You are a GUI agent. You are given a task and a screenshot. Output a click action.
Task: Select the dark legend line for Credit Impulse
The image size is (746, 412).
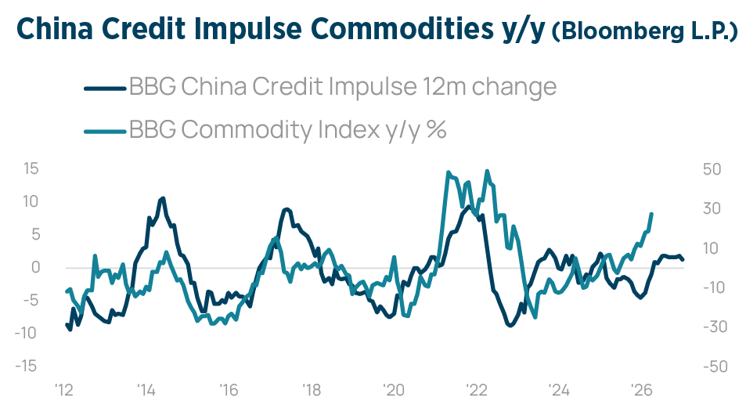click(104, 87)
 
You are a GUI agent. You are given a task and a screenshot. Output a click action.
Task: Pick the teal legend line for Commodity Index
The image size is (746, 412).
click(104, 130)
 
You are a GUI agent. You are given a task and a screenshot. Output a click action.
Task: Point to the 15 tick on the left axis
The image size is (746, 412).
click(30, 169)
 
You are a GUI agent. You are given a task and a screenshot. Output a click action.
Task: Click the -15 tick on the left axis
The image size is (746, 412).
click(27, 366)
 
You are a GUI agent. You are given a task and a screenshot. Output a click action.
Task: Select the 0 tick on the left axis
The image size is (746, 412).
click(34, 267)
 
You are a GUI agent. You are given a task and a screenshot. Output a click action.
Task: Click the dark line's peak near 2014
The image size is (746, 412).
click(163, 198)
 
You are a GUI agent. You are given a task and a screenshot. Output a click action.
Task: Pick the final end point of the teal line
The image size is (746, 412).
click(652, 214)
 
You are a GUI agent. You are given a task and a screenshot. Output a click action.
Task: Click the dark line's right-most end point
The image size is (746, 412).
click(683, 259)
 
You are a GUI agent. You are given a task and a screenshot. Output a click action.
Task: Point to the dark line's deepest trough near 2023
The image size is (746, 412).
click(510, 325)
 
